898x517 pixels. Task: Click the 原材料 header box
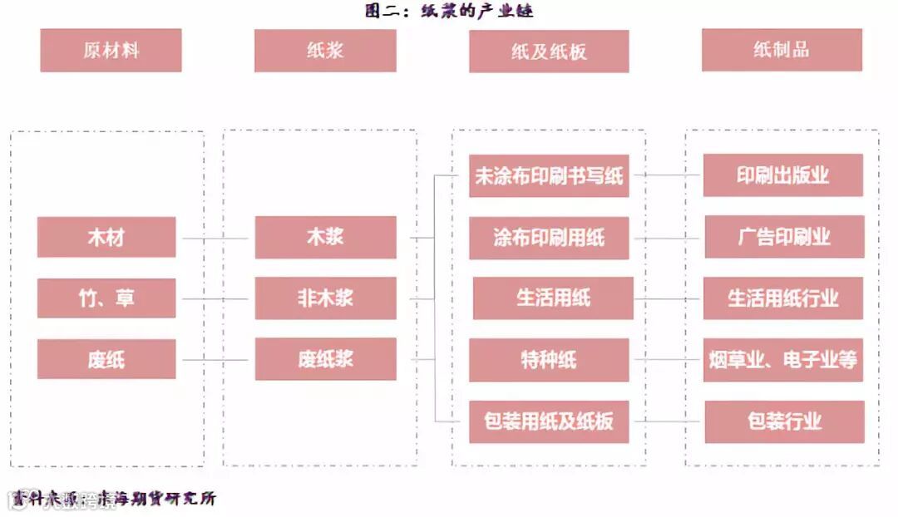pos(111,50)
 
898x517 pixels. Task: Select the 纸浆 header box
pos(325,50)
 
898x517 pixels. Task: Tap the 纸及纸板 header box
pos(549,52)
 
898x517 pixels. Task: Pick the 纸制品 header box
pos(782,50)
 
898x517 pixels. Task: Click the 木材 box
pos(106,237)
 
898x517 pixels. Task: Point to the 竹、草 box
pos(106,298)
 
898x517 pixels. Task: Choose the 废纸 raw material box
pos(106,360)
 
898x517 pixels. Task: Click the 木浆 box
pos(325,237)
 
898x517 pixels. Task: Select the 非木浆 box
pos(325,298)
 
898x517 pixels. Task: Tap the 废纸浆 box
pos(325,360)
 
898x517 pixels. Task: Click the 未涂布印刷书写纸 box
pos(549,176)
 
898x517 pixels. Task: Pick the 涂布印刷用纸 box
pos(549,238)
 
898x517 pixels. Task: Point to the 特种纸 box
pos(549,360)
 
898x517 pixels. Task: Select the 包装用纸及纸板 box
pos(549,421)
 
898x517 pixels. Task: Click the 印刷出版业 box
pos(783,175)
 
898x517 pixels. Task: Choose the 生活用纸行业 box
pos(783,298)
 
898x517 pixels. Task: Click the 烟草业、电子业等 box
pos(783,360)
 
